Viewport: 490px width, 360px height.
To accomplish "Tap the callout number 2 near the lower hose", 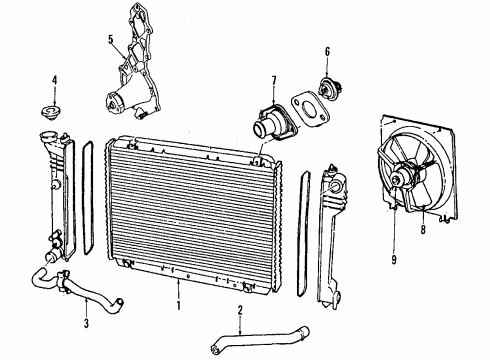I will tap(240, 312).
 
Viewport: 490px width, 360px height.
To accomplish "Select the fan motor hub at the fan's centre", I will tap(404, 180).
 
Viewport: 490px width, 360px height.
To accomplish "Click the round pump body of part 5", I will tap(113, 100).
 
